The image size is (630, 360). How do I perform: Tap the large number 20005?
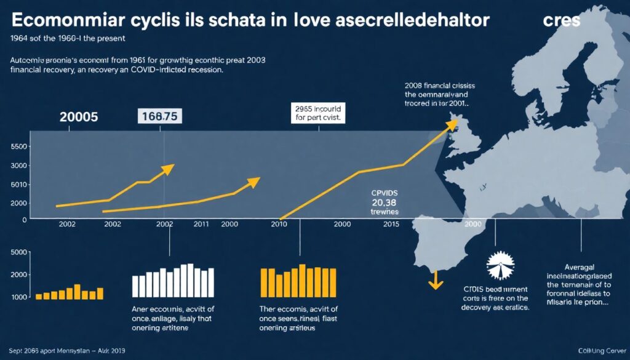78,117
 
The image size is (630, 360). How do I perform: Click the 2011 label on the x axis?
201,225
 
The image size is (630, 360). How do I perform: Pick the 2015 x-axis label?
391,225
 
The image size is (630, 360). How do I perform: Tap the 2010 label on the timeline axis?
279,225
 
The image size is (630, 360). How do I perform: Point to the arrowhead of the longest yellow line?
453,124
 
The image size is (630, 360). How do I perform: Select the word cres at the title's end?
561,19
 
